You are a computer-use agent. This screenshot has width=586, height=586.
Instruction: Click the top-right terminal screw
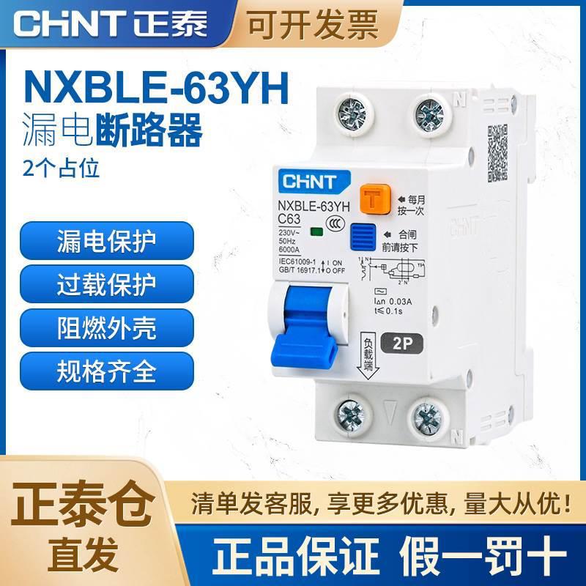[430, 114]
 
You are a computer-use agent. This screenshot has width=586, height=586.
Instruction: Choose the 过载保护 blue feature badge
[106, 284]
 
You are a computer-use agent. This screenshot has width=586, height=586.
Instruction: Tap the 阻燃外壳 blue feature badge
[106, 328]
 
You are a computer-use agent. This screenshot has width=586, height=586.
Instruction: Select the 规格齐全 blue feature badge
[106, 372]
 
